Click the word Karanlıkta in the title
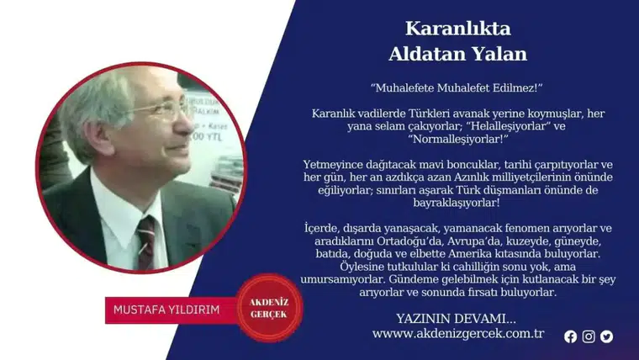[x=457, y=28]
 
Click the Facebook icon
[x=571, y=336]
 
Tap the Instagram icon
[x=589, y=336]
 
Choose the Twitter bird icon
[x=606, y=336]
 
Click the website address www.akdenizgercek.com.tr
[x=458, y=334]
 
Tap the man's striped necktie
[x=147, y=240]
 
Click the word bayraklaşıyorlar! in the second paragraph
[x=457, y=203]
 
